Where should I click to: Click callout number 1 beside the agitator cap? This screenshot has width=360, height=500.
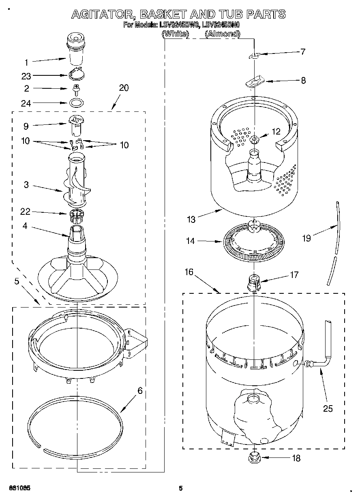click(26, 62)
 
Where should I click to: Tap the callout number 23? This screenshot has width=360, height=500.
click(26, 76)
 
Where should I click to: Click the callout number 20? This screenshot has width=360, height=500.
click(124, 88)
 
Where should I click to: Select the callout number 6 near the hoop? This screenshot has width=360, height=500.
click(140, 391)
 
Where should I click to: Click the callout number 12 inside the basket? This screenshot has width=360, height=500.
click(276, 131)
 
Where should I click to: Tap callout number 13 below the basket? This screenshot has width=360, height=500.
click(191, 220)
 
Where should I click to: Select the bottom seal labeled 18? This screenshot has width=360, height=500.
click(254, 459)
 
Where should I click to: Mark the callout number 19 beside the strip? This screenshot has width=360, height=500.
click(307, 238)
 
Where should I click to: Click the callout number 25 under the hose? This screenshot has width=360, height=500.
click(328, 408)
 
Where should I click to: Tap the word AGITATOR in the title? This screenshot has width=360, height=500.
click(103, 15)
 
